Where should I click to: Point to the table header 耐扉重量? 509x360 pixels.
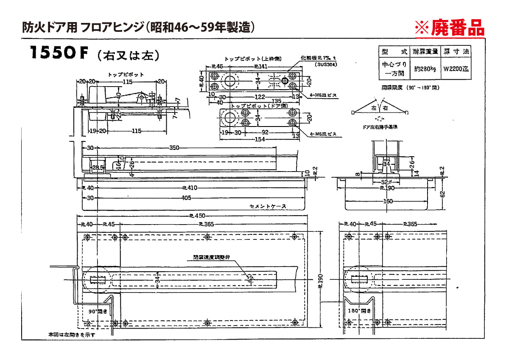pyautogui.click(x=425, y=51)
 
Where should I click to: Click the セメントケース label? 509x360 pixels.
pyautogui.click(x=268, y=206)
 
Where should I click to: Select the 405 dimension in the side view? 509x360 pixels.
pyautogui.click(x=186, y=197)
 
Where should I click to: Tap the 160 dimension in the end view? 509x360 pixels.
pyautogui.click(x=388, y=201)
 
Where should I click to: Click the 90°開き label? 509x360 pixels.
pyautogui.click(x=97, y=310)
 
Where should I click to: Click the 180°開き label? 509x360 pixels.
pyautogui.click(x=358, y=310)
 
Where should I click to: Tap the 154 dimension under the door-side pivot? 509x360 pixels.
pyautogui.click(x=260, y=139)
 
